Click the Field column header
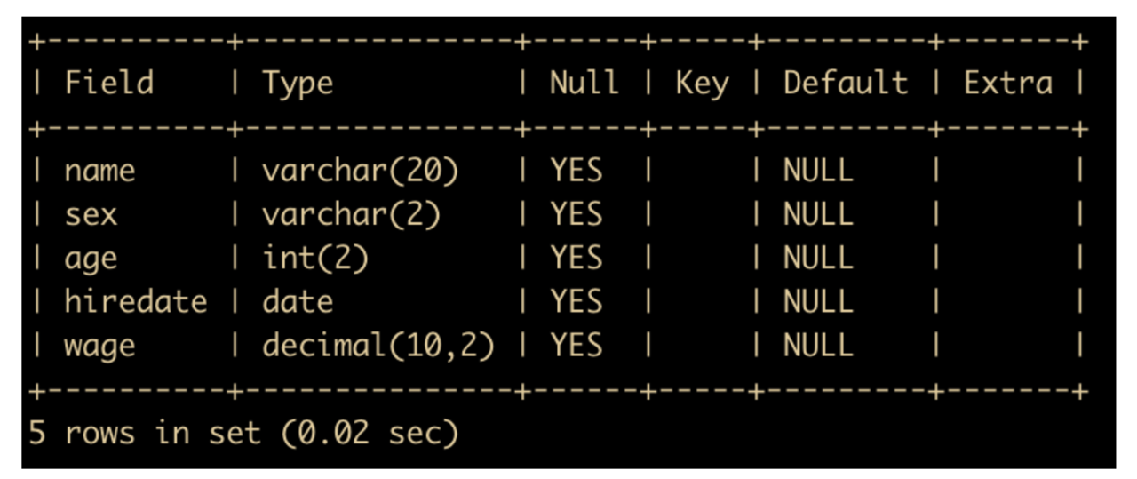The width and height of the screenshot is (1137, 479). coord(109,83)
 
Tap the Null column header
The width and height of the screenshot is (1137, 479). coord(584,83)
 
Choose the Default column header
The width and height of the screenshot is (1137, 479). coord(846,83)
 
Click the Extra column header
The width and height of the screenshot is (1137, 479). coord(1008,83)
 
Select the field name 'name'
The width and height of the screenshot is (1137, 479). coord(100,171)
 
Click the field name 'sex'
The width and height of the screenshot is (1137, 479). coord(91,215)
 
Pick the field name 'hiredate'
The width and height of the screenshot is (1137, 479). coord(136,302)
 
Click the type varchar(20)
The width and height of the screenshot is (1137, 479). coord(361,171)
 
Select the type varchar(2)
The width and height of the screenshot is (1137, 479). coord(351,214)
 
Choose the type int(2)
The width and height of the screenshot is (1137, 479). coord(315,258)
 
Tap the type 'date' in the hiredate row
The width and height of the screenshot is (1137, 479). coord(298,302)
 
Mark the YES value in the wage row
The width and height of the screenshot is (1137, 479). coord(576,346)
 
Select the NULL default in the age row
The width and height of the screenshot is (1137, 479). coord(818,258)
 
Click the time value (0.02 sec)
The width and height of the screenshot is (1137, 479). coord(370,433)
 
